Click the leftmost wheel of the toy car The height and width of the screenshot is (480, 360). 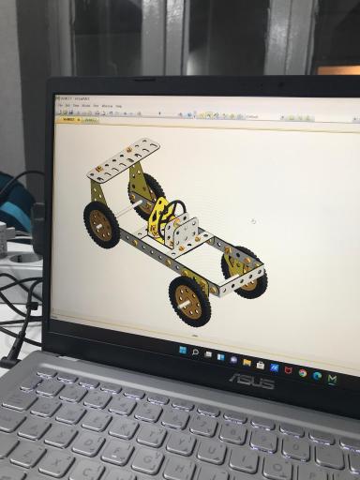100,224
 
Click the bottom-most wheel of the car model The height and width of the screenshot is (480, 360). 190,299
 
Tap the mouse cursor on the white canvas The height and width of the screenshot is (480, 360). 253,221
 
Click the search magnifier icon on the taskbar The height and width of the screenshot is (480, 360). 194,352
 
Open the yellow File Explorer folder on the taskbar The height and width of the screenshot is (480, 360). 247,362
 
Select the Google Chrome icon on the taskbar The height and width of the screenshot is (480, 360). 302,373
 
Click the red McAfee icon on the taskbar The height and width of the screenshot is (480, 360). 288,370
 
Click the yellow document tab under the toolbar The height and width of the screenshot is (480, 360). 67,119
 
